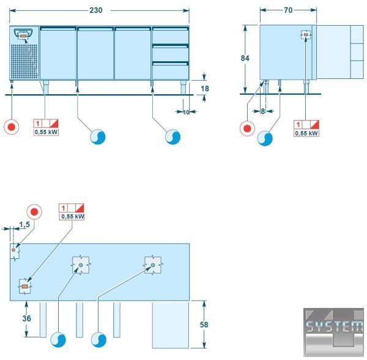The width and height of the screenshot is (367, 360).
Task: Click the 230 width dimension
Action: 96,10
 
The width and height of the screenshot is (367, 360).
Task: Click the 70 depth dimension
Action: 288,10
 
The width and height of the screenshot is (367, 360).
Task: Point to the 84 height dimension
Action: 245,58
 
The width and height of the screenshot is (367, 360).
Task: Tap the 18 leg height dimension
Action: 205,89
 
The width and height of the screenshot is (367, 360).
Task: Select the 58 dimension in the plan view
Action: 204,324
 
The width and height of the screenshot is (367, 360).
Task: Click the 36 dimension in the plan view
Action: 26,318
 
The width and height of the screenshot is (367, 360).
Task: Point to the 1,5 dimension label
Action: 24,225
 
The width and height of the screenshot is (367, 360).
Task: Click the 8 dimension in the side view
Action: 263,111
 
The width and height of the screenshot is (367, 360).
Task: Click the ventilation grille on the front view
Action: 24,61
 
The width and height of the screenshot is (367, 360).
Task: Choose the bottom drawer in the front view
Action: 171,71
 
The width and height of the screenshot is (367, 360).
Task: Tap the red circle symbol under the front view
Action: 11,127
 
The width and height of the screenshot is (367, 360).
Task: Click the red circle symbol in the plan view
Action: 34,212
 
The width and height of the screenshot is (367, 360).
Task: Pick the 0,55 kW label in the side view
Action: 306,133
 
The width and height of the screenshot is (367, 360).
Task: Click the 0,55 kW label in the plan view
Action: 72,216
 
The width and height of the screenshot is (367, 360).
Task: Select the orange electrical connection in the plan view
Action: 25,287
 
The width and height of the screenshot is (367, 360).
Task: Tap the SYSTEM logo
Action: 334,332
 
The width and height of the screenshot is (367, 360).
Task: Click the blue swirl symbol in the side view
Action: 265,138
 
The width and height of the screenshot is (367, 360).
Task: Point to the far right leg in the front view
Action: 183,88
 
